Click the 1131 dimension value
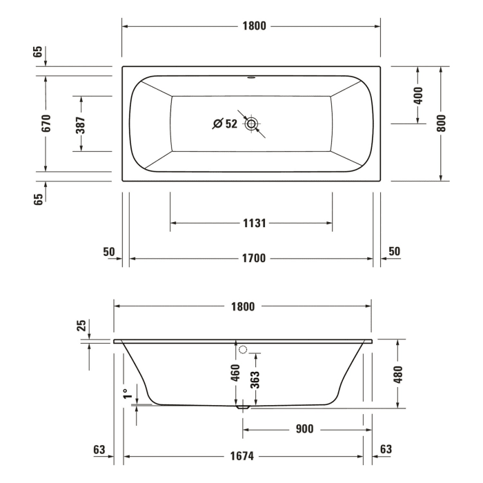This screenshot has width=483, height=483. click(x=252, y=223)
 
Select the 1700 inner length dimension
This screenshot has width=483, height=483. click(x=252, y=259)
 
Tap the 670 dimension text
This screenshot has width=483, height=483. click(x=46, y=124)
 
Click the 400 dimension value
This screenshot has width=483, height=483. click(x=418, y=95)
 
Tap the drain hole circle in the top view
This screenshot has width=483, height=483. click(x=251, y=124)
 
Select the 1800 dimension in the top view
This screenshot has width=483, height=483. click(x=251, y=26)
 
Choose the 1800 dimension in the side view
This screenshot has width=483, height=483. click(x=243, y=306)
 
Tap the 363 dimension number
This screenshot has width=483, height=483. click(x=255, y=378)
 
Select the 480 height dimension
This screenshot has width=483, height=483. click(x=398, y=373)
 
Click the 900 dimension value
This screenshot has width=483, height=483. click(x=304, y=429)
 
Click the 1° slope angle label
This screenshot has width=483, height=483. click(x=126, y=393)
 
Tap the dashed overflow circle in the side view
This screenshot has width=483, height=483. click(x=242, y=350)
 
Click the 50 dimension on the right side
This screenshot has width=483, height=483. click(x=394, y=251)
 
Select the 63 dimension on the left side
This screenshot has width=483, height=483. click(x=100, y=450)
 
